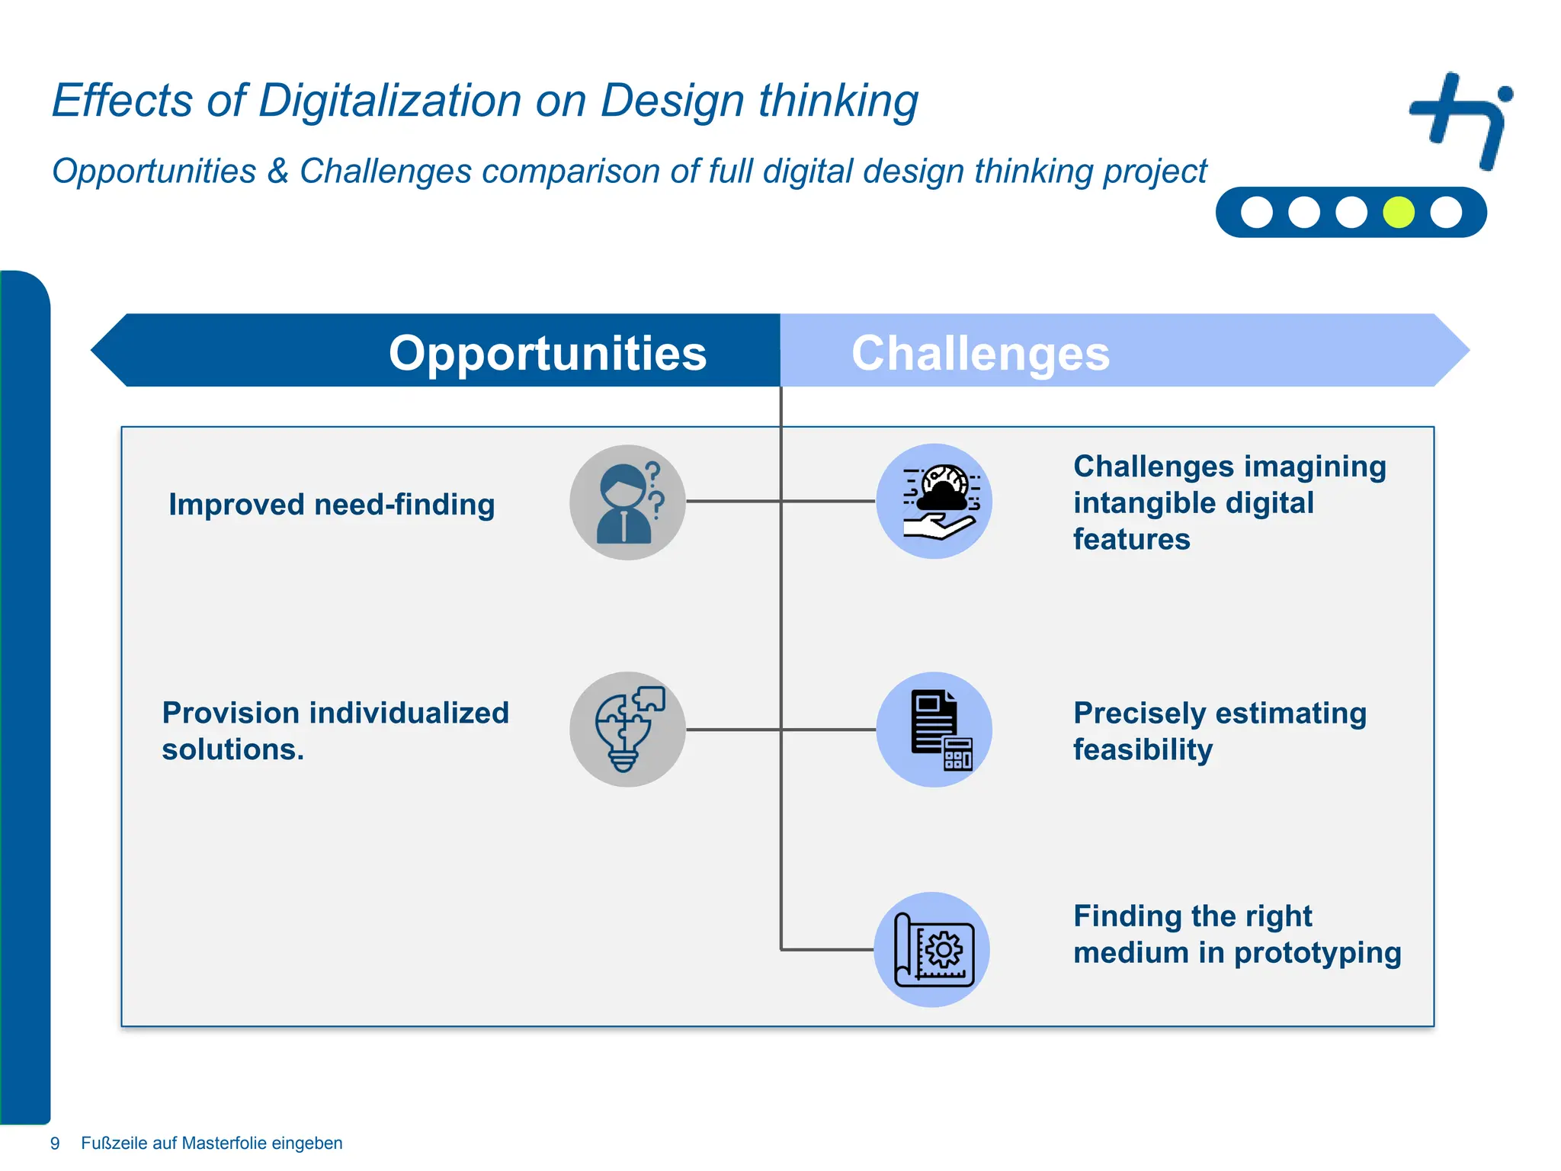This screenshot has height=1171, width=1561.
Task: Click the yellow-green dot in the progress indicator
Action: [1399, 212]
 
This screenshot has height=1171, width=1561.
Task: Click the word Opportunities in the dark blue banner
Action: [547, 354]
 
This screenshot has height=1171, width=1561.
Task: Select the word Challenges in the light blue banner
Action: [980, 354]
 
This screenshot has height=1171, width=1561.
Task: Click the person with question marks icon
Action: [627, 502]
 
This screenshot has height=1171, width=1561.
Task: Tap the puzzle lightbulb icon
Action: [627, 730]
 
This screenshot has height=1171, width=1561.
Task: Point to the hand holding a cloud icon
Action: [934, 502]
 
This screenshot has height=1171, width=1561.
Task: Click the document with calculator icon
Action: [934, 730]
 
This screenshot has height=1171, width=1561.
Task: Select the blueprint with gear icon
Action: [932, 950]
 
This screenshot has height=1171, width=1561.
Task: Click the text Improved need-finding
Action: [332, 505]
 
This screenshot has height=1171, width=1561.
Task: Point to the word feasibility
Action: [1143, 750]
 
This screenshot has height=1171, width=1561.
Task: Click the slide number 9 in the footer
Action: [55, 1143]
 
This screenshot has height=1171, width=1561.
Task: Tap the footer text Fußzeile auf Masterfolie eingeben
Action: [212, 1143]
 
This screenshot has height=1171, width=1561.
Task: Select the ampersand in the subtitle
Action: [277, 172]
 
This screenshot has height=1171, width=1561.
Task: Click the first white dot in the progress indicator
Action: [1257, 212]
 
